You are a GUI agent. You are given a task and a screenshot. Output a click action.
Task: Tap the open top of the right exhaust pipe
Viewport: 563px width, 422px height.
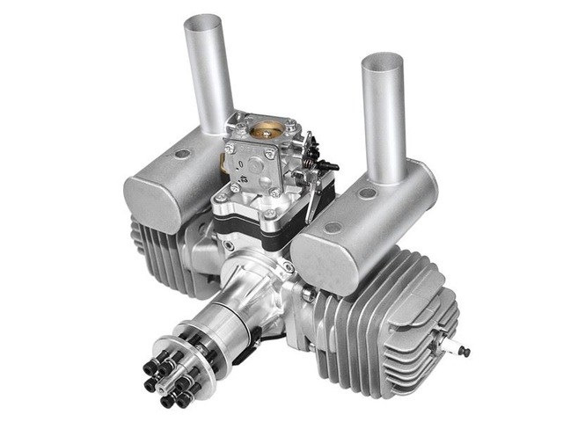(x=382, y=62)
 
